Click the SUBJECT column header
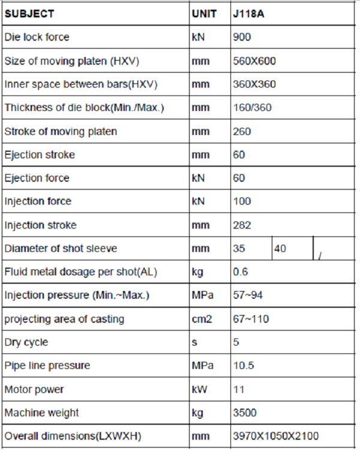coord(29,13)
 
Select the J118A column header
coord(248,13)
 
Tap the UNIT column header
coord(204,13)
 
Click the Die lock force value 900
coord(242,37)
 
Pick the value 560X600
coord(254,61)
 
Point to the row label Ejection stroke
coord(40,155)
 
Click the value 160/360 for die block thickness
coord(252,108)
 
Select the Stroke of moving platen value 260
coord(242,131)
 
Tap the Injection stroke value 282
coord(242,225)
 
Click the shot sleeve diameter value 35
coord(239,248)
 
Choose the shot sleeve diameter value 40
coord(280,248)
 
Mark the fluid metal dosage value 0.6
coord(240,272)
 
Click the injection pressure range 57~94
coord(248,296)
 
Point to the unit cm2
coord(202,319)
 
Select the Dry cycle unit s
coord(194,343)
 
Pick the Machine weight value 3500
coord(245,413)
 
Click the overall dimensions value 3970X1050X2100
coord(275,436)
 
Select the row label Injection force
coord(38,202)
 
